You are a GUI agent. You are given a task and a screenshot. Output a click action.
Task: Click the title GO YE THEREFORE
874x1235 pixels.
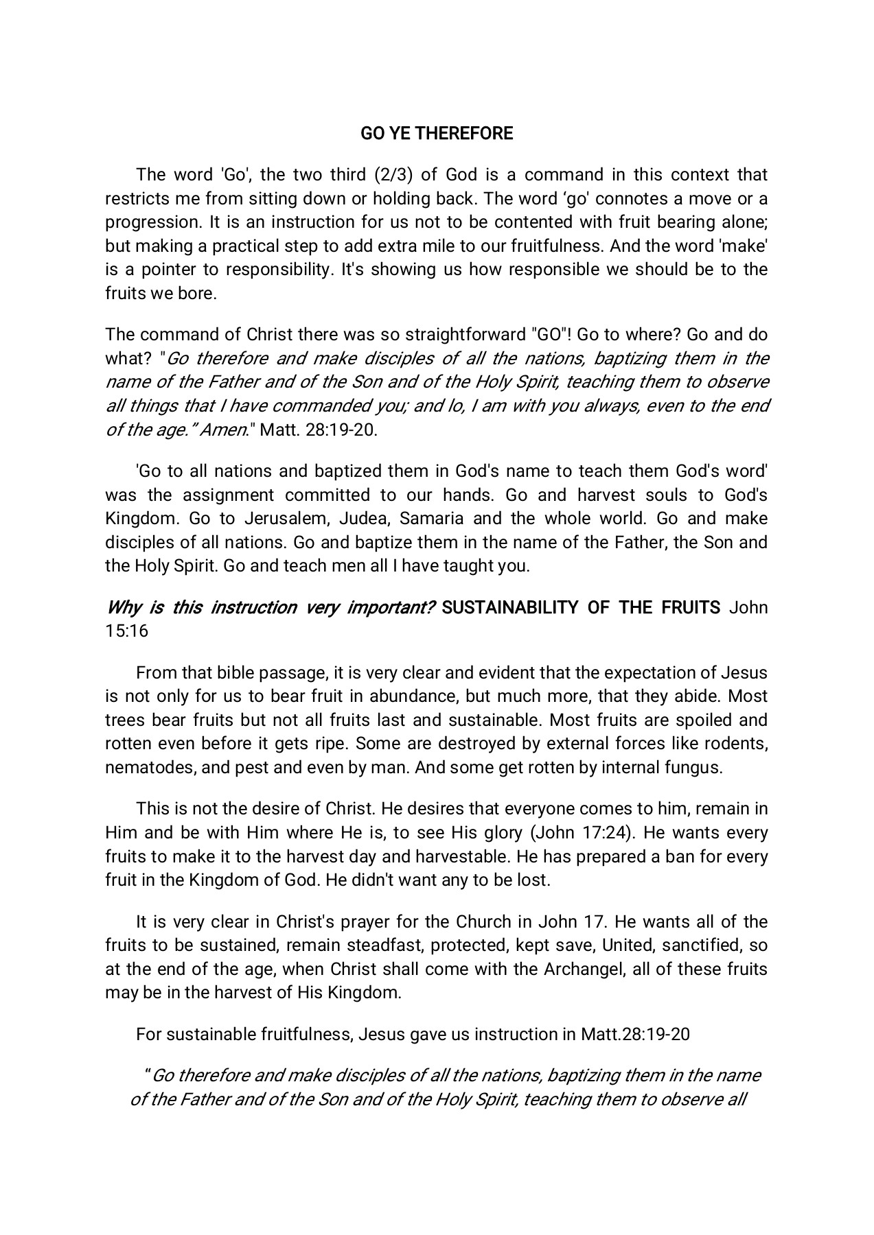pos(437,134)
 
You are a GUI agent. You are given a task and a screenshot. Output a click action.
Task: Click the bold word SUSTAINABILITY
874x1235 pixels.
pos(510,608)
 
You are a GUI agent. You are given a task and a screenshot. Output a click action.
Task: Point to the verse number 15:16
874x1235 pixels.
pos(126,631)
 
